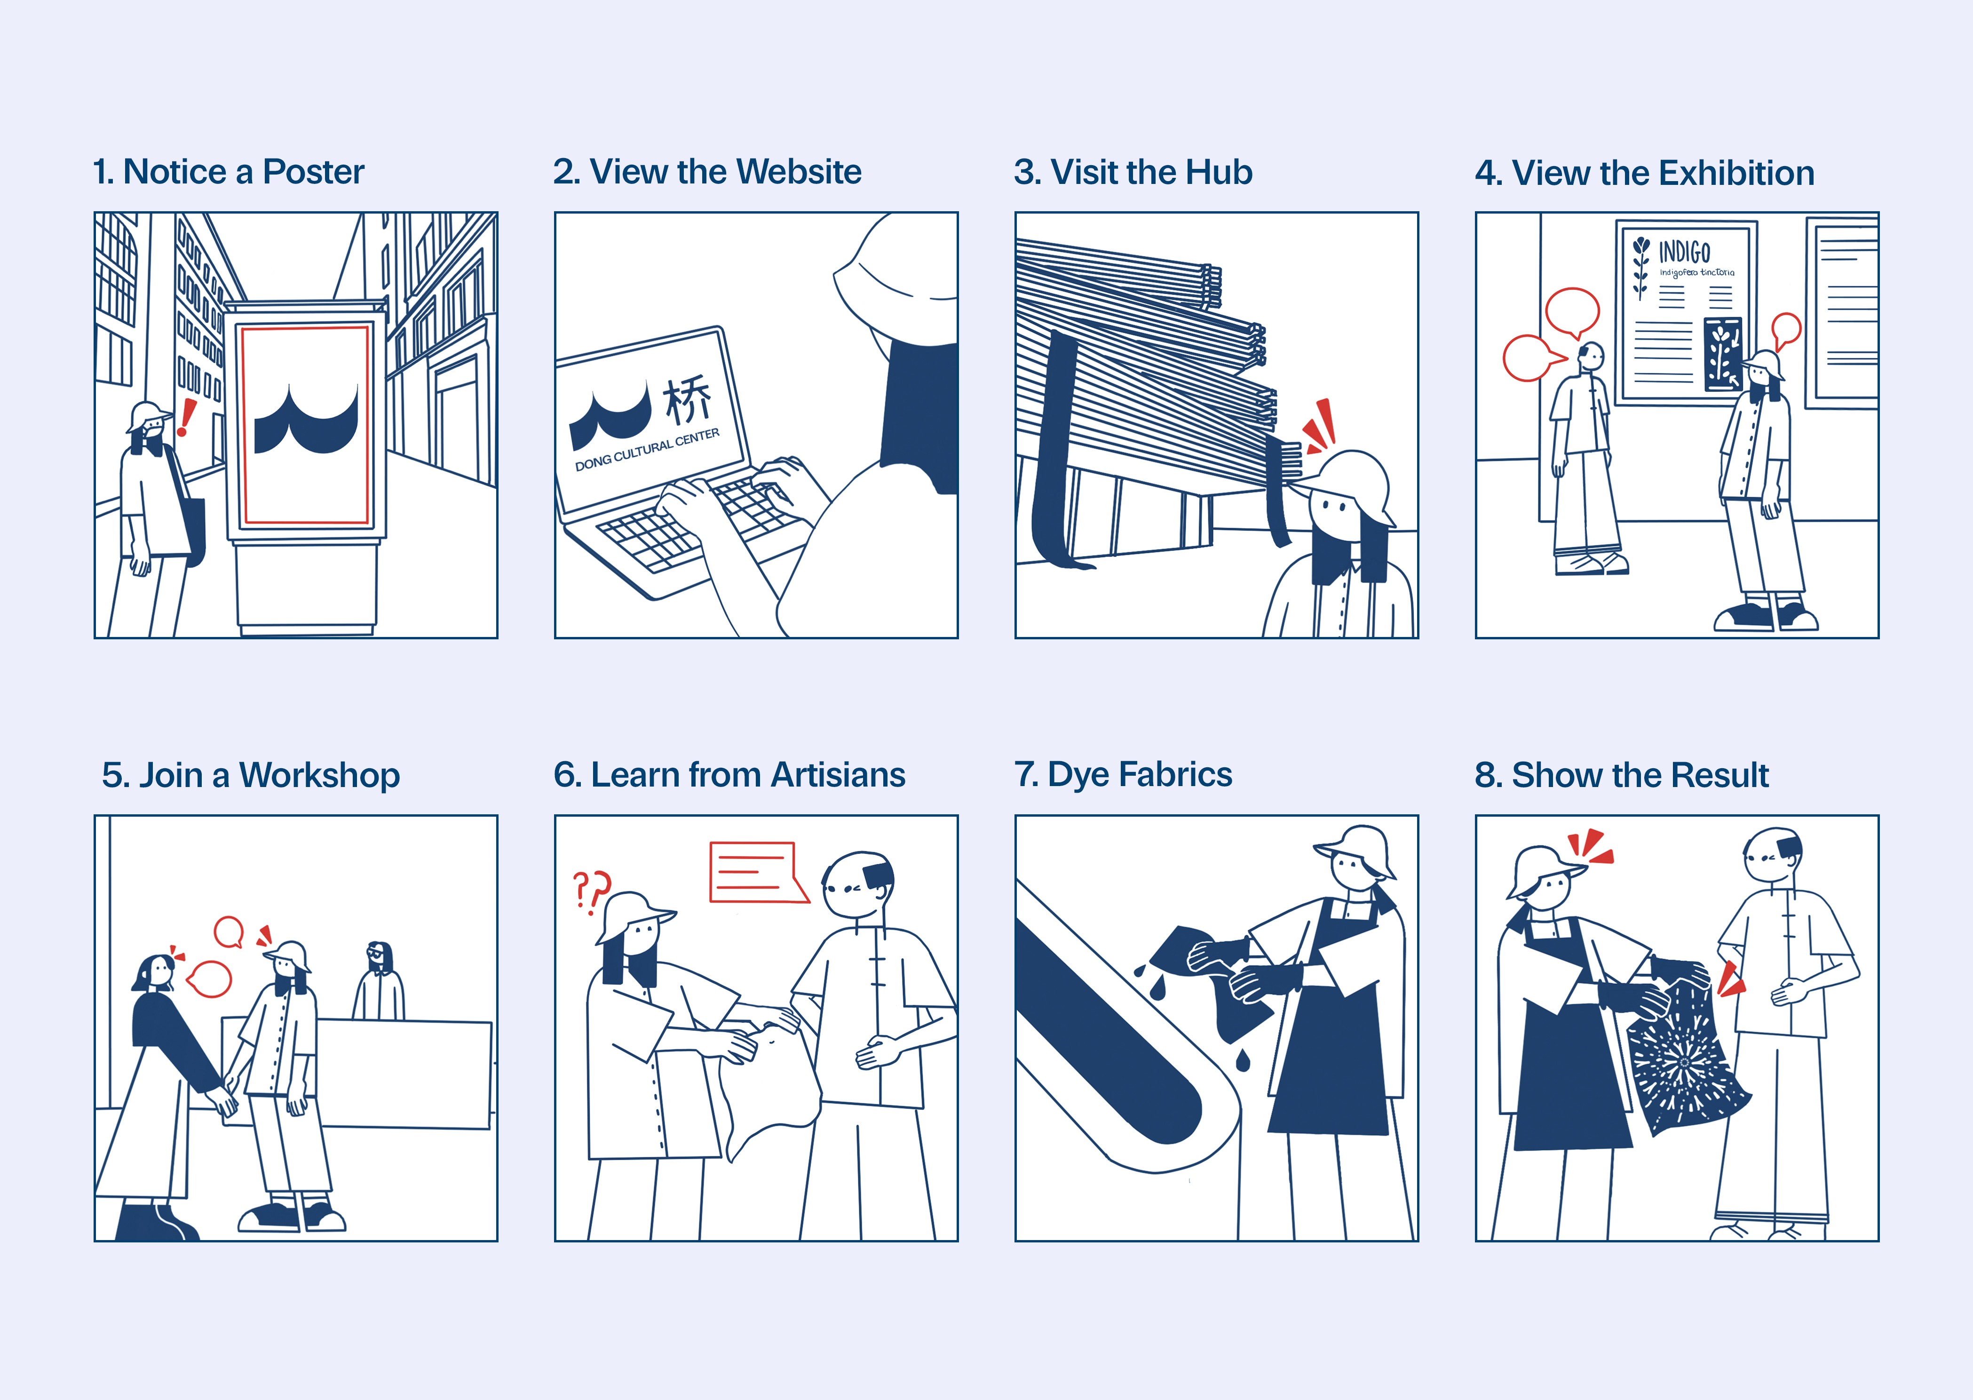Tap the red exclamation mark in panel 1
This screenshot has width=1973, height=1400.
tap(186, 417)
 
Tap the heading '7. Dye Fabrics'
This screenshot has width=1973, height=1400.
tap(1123, 774)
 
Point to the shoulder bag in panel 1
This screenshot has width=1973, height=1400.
tap(191, 522)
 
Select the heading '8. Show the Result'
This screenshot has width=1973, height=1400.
tap(1621, 775)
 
